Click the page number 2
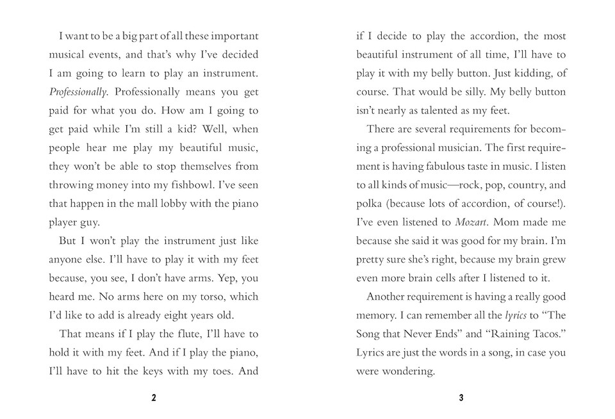click(154, 398)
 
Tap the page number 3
click(461, 398)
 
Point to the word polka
click(370, 204)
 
